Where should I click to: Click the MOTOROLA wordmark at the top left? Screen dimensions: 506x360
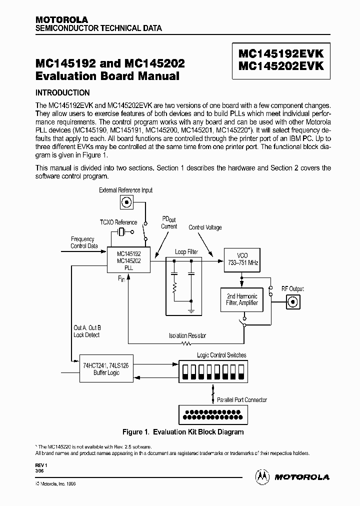(61, 19)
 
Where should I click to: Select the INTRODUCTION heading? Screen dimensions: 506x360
(62, 92)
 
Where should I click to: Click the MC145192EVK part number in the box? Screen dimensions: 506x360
(281, 54)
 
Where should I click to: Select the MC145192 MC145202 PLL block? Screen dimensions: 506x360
(128, 260)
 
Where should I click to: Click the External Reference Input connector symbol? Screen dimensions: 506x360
(126, 202)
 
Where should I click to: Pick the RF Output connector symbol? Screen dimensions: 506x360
(292, 301)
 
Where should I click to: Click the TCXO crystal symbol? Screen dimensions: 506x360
(121, 231)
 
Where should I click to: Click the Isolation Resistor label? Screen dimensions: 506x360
(187, 335)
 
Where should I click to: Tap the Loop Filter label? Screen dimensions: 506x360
(186, 251)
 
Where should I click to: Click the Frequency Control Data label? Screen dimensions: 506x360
(82, 242)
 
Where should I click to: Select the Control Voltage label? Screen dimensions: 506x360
(205, 227)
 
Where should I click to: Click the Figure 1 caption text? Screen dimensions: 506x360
(183, 432)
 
